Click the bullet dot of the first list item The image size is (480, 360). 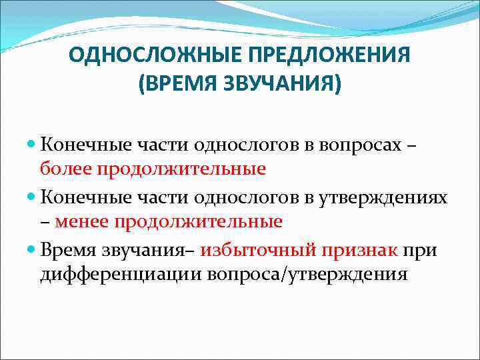coord(33,143)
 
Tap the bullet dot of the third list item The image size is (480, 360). coord(33,249)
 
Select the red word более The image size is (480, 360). coord(66,169)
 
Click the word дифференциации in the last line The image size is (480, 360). coord(123,274)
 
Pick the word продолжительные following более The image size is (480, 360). coord(181,169)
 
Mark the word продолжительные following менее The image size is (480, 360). coord(197,221)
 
